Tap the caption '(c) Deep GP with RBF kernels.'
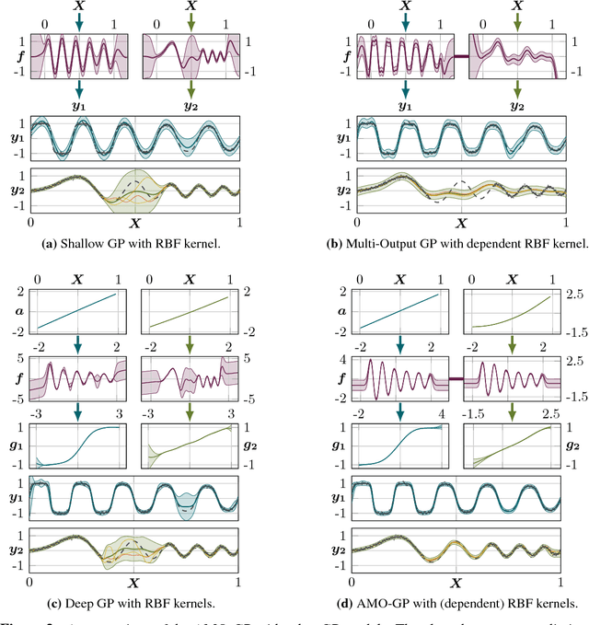(x=134, y=603)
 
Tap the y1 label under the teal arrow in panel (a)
(x=80, y=107)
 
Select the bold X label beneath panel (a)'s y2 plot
(x=134, y=223)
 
